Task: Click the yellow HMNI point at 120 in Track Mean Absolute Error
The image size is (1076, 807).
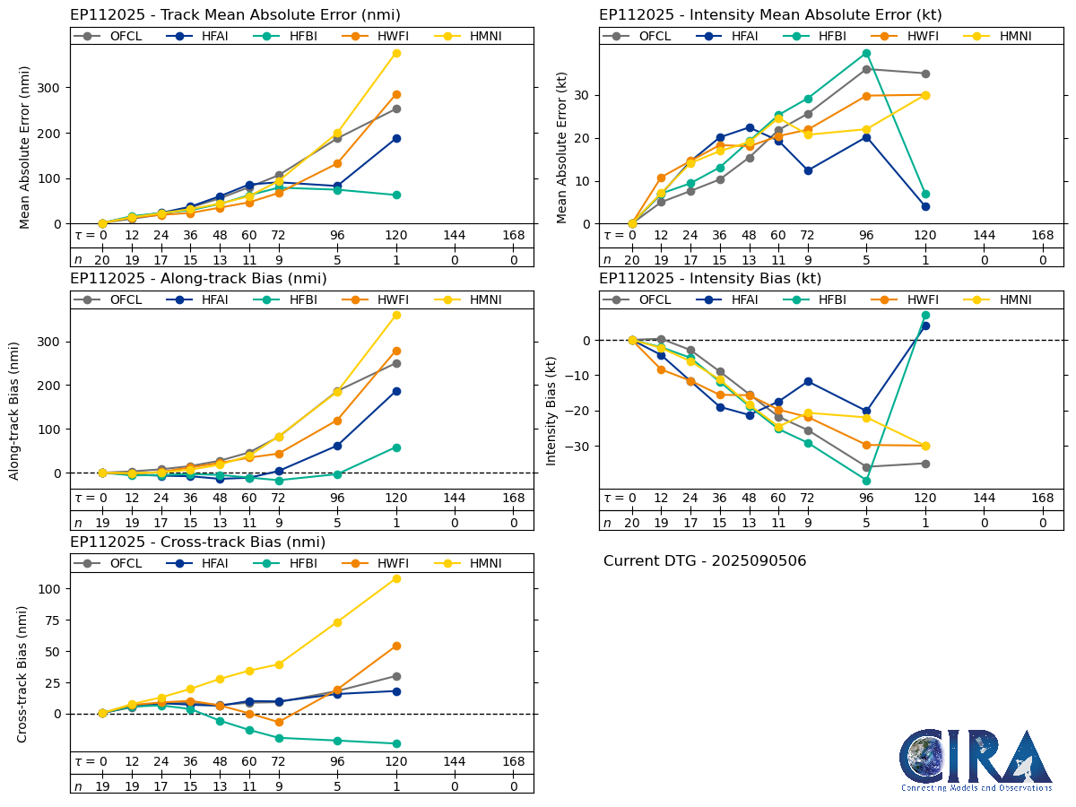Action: [396, 53]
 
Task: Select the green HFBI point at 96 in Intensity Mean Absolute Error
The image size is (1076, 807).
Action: [866, 53]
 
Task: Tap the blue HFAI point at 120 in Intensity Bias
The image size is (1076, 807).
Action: [925, 325]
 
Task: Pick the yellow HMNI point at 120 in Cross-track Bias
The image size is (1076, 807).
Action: [396, 578]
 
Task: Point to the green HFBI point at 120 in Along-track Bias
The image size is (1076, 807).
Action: [396, 447]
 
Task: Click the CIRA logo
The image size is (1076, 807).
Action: [976, 759]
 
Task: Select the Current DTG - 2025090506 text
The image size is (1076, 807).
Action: [705, 561]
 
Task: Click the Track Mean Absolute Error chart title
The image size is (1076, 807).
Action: [235, 15]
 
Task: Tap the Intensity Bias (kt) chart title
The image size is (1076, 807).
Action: [710, 279]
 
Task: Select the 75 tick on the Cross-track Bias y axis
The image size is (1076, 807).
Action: [52, 652]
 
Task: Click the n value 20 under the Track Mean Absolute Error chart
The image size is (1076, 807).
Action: [102, 260]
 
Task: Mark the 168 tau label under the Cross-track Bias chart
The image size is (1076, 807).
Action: [513, 761]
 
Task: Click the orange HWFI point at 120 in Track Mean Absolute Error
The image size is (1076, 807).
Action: [396, 94]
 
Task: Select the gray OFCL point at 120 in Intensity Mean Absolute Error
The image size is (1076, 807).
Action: [925, 74]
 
